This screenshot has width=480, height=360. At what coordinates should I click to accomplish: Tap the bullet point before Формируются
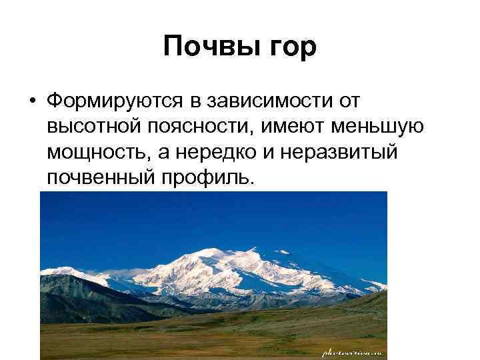[31, 101]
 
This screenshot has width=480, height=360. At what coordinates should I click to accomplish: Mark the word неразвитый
[339, 151]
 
